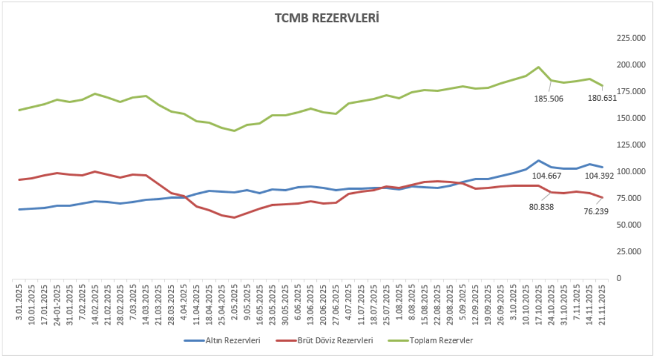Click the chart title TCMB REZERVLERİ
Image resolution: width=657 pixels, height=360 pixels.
[327, 18]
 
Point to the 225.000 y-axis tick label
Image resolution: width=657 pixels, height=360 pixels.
[631, 38]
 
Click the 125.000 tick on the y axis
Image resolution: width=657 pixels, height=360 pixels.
[631, 145]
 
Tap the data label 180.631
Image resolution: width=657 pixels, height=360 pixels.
[601, 98]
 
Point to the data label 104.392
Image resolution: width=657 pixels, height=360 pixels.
[601, 176]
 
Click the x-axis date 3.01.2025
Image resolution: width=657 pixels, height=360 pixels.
[20, 303]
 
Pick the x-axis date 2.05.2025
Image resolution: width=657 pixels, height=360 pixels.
[234, 303]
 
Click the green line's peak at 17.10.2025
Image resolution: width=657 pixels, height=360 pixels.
[538, 67]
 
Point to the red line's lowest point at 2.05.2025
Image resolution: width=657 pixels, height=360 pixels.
[234, 218]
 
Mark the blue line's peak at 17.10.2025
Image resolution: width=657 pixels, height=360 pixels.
[538, 161]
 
